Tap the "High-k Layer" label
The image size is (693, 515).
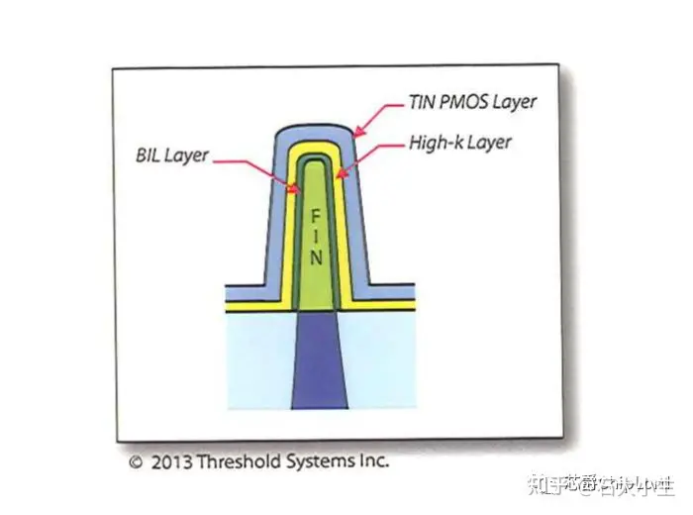click(x=460, y=143)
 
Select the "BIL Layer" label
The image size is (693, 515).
click(x=171, y=155)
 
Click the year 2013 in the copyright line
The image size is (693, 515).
click(x=169, y=462)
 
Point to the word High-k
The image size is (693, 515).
click(x=436, y=143)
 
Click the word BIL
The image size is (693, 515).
click(x=148, y=155)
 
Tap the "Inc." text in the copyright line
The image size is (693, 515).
click(x=372, y=462)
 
